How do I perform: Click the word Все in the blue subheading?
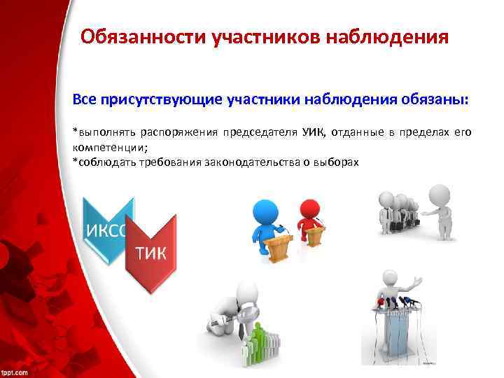coord(86,99)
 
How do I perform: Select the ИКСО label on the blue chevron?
coord(105,232)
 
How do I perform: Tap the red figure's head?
coord(309,208)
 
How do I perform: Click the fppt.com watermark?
coord(15,372)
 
